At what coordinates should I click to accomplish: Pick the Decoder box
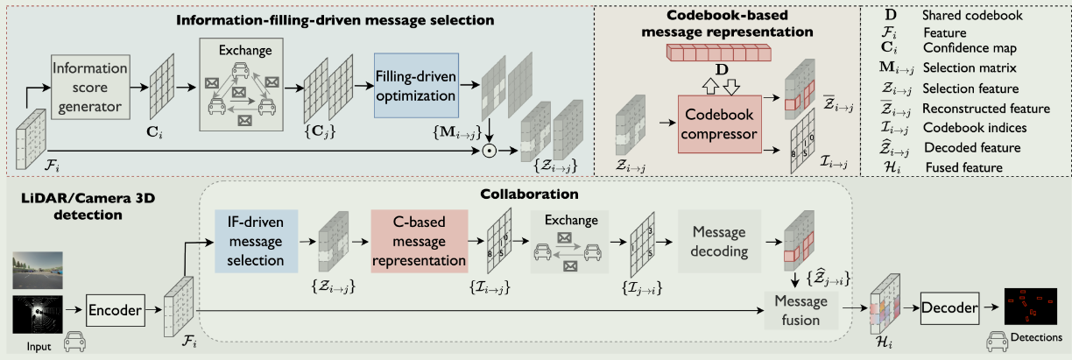[x=949, y=307]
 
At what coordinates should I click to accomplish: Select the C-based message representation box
[x=420, y=237]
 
